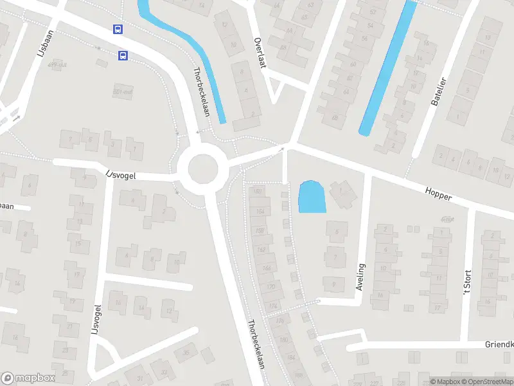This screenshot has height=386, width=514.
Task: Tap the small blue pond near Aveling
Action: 312,197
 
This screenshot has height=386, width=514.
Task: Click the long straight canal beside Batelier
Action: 387,68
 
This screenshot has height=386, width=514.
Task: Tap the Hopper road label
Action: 438,193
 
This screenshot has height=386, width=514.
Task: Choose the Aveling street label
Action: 360,277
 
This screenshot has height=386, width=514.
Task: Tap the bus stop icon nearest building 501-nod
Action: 122,55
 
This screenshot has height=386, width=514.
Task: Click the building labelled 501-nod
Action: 121,91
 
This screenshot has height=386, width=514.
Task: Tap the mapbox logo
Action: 28,378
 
